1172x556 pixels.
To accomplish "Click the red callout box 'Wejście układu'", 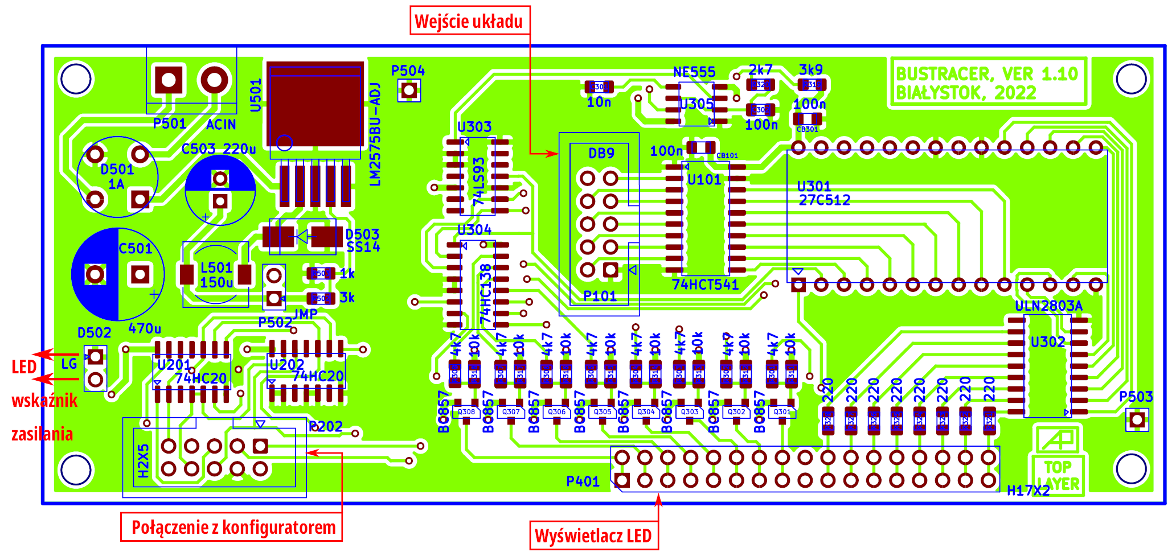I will tap(469, 21).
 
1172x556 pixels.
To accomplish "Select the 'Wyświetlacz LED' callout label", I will tap(593, 536).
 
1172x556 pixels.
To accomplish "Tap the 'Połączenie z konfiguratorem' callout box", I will tap(232, 527).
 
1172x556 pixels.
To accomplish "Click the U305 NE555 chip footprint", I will tap(696, 104).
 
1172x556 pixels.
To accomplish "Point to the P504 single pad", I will tap(409, 90).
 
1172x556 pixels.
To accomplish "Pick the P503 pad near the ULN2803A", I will tap(1137, 420).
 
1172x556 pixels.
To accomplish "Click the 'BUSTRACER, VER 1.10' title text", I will tap(987, 74).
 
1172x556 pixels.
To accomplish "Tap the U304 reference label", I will tap(474, 230).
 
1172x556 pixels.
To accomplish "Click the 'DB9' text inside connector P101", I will tap(601, 153).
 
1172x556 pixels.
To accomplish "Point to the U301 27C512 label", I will tap(823, 193).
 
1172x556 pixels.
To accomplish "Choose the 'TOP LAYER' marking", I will tap(1058, 475).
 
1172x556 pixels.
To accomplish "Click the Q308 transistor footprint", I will tap(466, 413).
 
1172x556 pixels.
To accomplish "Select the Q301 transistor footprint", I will tap(782, 413).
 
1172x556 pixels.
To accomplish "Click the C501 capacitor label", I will tap(136, 249).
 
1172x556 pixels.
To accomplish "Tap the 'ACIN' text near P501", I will tap(221, 125).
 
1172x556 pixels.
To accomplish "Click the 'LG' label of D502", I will tap(69, 364).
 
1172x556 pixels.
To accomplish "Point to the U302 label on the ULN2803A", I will tap(1047, 342).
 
